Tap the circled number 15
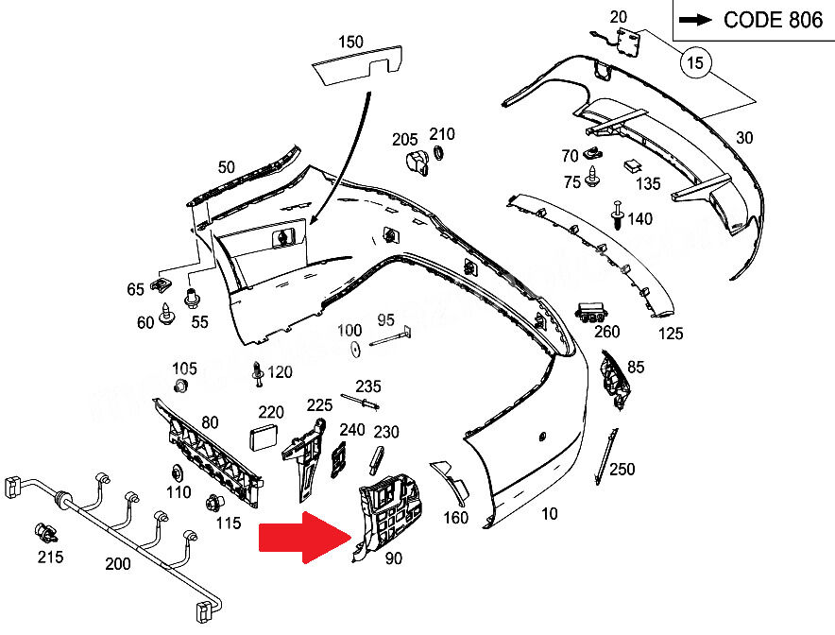click(695, 64)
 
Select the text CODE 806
click(774, 20)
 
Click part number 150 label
click(349, 42)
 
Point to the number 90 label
click(393, 558)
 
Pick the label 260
click(606, 331)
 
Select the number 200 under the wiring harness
click(118, 564)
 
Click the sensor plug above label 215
click(43, 531)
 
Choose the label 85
click(636, 367)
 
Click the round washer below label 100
click(354, 351)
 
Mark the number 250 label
click(622, 469)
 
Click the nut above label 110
click(177, 472)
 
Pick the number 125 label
click(670, 334)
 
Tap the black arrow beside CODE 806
click(696, 20)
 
